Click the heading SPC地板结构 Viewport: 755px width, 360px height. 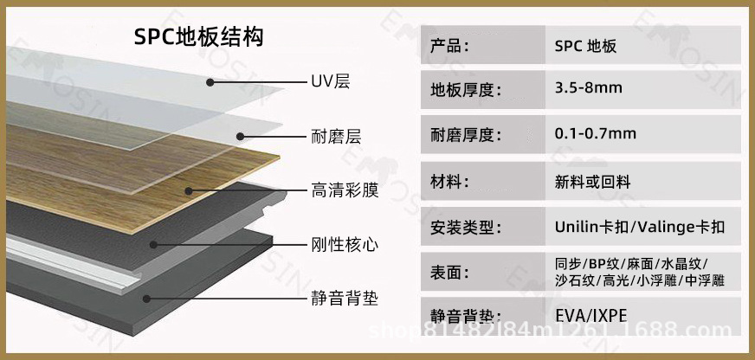pos(198,36)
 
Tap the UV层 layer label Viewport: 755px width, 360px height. pos(330,82)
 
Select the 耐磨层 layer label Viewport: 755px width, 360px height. pos(335,136)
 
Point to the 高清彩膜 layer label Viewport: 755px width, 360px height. pos(345,190)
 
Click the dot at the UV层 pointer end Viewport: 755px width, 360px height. pos(210,82)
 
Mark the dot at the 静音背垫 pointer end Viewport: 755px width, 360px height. pos(146,299)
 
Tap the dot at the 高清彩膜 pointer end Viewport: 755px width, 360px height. pos(186,190)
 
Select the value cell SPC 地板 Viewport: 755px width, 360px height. pos(586,46)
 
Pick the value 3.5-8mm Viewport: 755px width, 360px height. pos(589,88)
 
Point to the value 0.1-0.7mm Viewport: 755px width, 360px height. pos(596,133)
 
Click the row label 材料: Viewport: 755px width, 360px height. pos(451,181)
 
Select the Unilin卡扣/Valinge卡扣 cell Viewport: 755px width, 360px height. pos(640,227)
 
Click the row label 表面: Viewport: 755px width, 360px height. pos(451,273)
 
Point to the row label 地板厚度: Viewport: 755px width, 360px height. pos(466,88)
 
